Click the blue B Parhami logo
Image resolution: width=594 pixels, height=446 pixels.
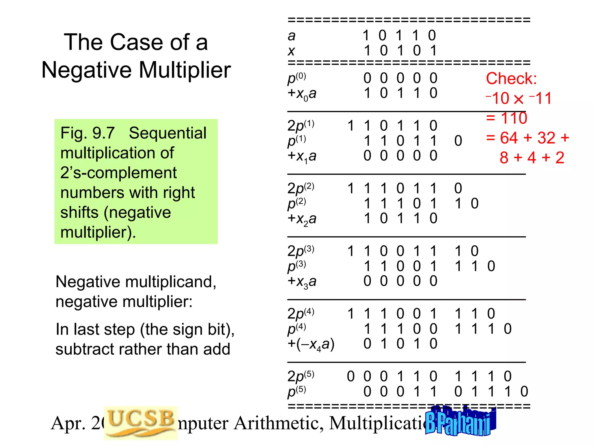tap(461, 421)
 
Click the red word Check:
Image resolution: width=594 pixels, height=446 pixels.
tap(511, 78)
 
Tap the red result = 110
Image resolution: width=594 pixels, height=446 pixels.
tap(506, 118)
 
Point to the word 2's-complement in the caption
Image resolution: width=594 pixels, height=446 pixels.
tap(118, 173)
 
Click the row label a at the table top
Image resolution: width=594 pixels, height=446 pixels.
tap(291, 36)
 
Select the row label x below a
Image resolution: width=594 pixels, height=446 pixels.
tap(291, 51)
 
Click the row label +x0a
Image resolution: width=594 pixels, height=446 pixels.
tap(302, 94)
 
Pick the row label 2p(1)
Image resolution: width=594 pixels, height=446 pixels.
tap(300, 126)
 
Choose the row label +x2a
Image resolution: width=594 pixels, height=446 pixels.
tap(302, 219)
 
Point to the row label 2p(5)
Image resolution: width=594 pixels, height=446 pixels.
tap(300, 377)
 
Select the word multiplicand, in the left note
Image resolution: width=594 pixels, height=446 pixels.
tap(171, 282)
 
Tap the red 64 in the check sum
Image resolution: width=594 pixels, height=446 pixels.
tap(509, 138)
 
